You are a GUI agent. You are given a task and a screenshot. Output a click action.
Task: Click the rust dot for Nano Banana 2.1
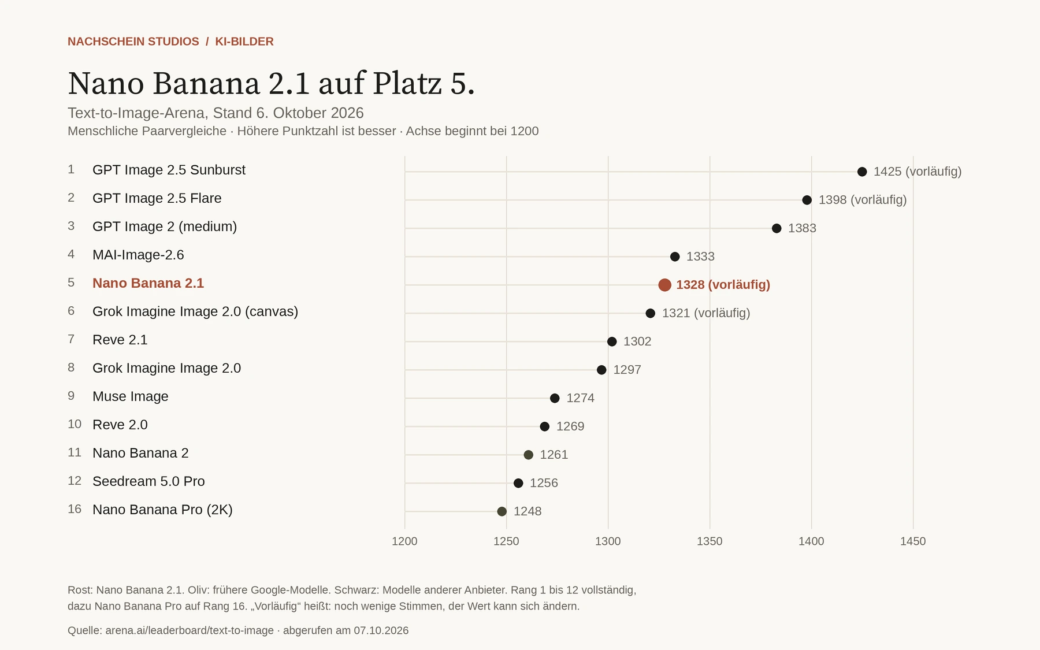coord(664,285)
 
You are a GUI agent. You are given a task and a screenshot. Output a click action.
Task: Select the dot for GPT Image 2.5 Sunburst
coord(862,172)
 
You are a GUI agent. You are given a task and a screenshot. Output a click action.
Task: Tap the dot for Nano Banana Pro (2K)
coord(502,511)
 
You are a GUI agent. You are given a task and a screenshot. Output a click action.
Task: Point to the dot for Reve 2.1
coord(612,341)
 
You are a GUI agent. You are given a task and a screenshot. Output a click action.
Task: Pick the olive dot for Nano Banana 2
coord(528,455)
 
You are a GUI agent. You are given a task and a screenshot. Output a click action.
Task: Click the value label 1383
coord(802,228)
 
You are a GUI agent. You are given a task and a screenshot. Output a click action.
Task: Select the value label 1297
coord(627,370)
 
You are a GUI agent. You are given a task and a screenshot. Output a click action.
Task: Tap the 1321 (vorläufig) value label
coord(706,313)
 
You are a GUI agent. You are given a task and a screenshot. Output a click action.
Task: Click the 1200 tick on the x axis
coord(404,541)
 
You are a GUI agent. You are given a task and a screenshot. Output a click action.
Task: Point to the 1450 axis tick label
coord(913,541)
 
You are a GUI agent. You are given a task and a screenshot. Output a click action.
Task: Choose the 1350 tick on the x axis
coord(710,541)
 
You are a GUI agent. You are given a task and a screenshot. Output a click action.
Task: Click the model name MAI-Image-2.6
coord(138,255)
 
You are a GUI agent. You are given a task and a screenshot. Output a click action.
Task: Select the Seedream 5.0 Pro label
coord(148,481)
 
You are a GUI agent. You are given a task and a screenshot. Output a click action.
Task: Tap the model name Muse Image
coord(131,396)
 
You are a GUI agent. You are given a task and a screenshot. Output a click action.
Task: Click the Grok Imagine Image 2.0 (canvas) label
coord(195,311)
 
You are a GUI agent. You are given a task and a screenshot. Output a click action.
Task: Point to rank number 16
coord(75,509)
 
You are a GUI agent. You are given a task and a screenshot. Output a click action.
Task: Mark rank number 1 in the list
coord(71,169)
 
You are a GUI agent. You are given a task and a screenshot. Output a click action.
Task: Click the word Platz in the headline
coord(407,83)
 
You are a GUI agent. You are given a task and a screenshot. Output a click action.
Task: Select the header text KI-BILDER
coord(244,42)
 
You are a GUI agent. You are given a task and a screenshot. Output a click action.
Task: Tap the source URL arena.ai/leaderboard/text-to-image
coord(190,630)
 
